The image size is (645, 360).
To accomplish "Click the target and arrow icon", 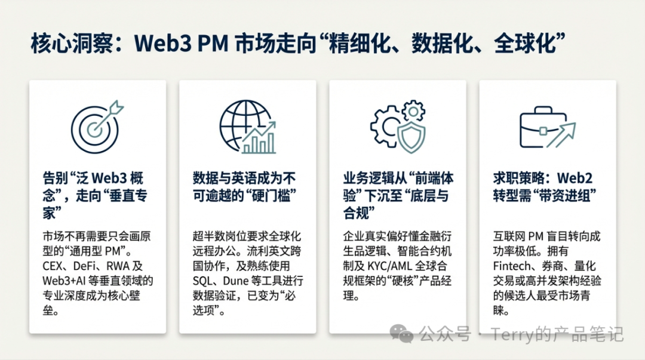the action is (x=97, y=127).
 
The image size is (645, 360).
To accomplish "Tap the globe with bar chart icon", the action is (x=247, y=127).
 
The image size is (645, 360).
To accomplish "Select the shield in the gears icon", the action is (x=411, y=137).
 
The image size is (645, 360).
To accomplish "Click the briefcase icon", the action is (x=548, y=127).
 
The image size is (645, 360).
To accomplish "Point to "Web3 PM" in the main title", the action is (x=181, y=43).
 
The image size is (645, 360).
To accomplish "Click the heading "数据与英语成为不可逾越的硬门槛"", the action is (x=244, y=187).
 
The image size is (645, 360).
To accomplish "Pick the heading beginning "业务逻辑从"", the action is (x=398, y=195).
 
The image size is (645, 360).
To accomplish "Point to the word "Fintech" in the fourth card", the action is (x=509, y=266).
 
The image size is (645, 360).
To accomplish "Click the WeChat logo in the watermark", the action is (x=401, y=333).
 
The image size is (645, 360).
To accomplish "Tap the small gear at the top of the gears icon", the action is (x=413, y=111).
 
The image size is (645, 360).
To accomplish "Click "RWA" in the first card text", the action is (x=118, y=266).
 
